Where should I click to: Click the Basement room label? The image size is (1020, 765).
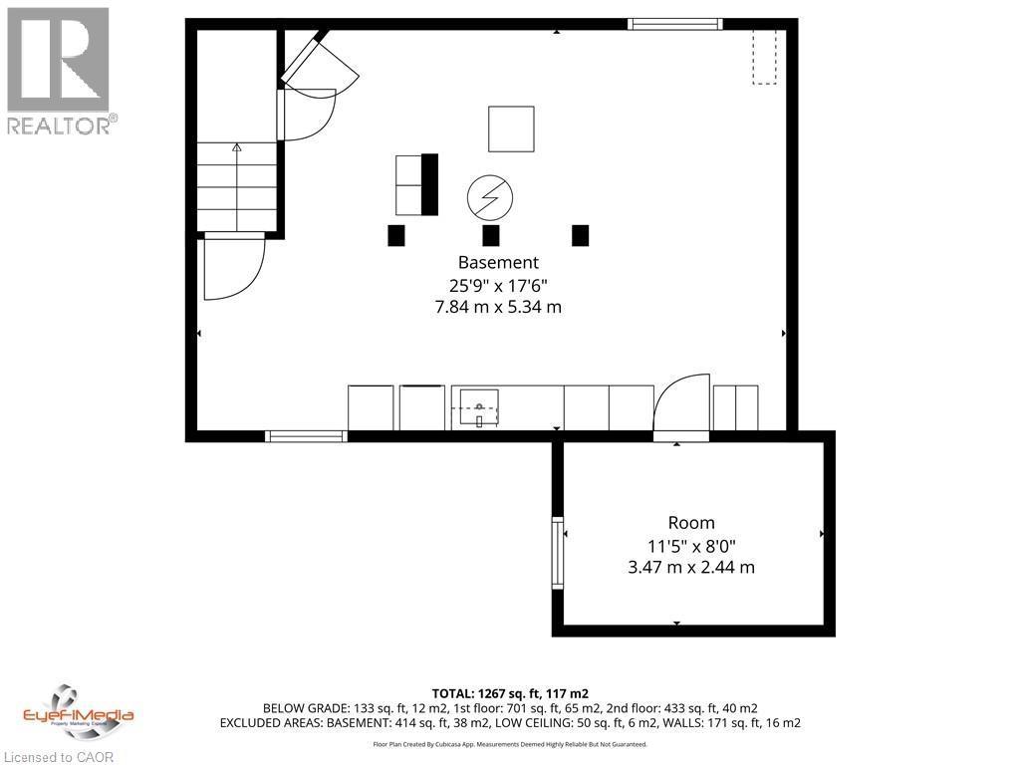click(x=498, y=263)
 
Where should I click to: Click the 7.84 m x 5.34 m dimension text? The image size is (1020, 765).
click(x=498, y=307)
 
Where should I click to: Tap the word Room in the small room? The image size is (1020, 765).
click(x=691, y=523)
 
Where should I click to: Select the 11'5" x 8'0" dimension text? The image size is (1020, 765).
click(x=691, y=546)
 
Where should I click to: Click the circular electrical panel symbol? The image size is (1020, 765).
click(x=490, y=197)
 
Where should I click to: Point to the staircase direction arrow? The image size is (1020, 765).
click(x=237, y=148)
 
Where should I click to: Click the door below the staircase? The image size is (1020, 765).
click(x=233, y=268)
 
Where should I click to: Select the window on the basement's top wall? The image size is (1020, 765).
click(x=675, y=24)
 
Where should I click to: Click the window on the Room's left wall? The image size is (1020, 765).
click(x=558, y=553)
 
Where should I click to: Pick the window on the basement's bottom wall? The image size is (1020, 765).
click(x=306, y=435)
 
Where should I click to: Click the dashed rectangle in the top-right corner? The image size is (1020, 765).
click(x=764, y=57)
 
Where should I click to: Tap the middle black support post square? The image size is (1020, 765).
click(x=490, y=235)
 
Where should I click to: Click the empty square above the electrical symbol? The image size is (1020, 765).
click(x=511, y=128)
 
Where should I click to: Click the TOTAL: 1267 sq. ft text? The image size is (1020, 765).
click(x=510, y=691)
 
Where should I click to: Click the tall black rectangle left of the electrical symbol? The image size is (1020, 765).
click(x=429, y=184)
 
